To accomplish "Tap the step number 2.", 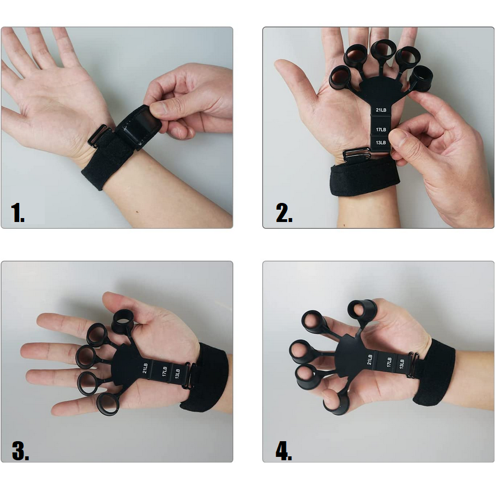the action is pyautogui.click(x=284, y=213).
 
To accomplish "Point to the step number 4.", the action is pyautogui.click(x=284, y=451).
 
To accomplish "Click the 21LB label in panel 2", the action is pyautogui.click(x=381, y=110).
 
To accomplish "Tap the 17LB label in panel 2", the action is pyautogui.click(x=381, y=129).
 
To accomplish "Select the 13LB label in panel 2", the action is pyautogui.click(x=381, y=143).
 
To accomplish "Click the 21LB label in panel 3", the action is pyautogui.click(x=145, y=368).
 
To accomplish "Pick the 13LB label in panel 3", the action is pyautogui.click(x=177, y=373).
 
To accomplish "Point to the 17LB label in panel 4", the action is pyautogui.click(x=389, y=362).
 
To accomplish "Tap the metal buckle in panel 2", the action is pyautogui.click(x=357, y=154).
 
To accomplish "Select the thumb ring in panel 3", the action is pyautogui.click(x=122, y=321).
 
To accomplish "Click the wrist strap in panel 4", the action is pyautogui.click(x=433, y=373).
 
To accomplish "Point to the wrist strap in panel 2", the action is pyautogui.click(x=364, y=177).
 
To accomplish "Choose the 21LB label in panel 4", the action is pyautogui.click(x=369, y=359).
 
